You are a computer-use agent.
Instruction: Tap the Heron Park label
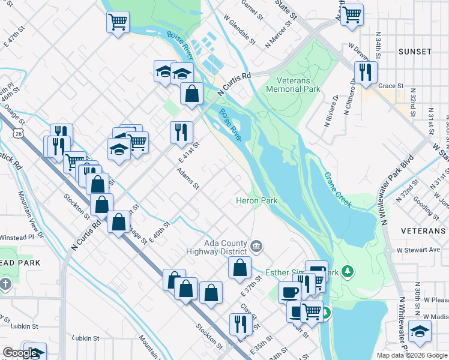255,200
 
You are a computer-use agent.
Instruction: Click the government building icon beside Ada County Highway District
256,244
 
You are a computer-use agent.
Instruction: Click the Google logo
20,353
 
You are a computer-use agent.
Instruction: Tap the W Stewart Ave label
418,250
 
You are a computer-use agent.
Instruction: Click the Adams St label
188,178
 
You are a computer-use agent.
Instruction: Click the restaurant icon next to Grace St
366,73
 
